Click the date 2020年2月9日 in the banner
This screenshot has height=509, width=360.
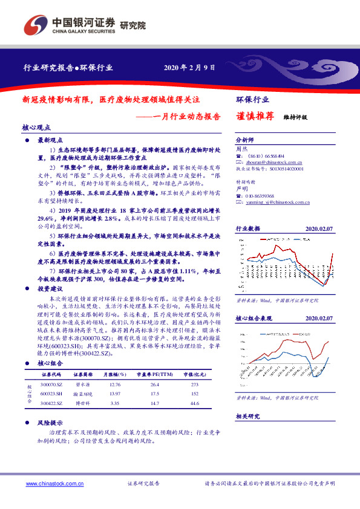coord(189,67)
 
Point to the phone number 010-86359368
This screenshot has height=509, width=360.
coord(259,196)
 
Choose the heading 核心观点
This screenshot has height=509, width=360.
coord(36,128)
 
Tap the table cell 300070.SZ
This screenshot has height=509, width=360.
coord(51,384)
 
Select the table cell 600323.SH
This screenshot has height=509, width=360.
coord(51,393)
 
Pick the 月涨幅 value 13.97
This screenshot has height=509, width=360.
coord(113,393)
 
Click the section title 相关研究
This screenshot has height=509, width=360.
coord(247,417)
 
